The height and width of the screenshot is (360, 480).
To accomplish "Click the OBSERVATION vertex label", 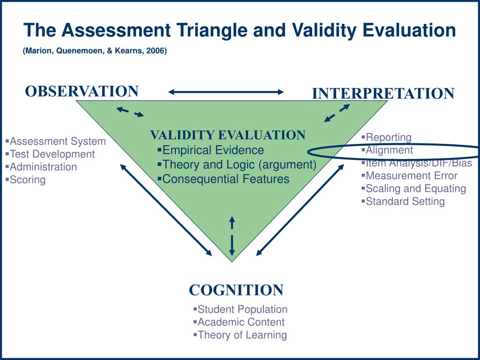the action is pyautogui.click(x=82, y=91).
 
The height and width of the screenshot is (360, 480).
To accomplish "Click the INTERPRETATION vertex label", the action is pyautogui.click(x=383, y=93).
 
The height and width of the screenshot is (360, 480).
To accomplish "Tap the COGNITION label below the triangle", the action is pyautogui.click(x=236, y=290).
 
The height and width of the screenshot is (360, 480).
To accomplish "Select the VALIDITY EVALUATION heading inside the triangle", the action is pyautogui.click(x=227, y=135).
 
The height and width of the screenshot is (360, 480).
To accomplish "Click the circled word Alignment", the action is pyautogui.click(x=389, y=150).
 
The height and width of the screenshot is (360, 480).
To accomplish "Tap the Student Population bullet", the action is pyautogui.click(x=242, y=309).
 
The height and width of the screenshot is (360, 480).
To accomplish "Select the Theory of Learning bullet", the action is pyautogui.click(x=242, y=335).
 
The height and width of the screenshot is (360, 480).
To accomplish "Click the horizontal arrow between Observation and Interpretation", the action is pyautogui.click(x=226, y=92).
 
